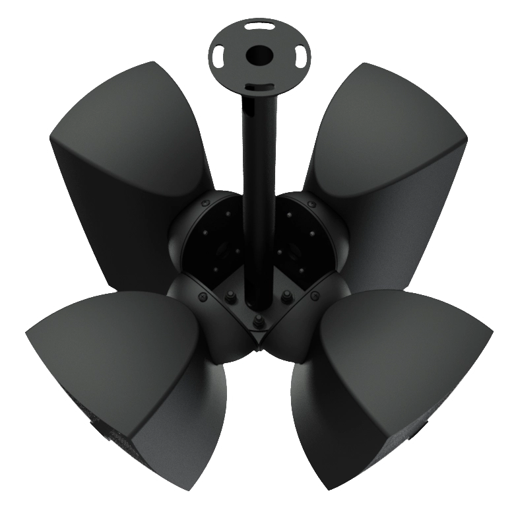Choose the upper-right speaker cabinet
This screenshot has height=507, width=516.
(x=389, y=165)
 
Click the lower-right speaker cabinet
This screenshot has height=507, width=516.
(x=389, y=376)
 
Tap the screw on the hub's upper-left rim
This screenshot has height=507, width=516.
(x=207, y=201)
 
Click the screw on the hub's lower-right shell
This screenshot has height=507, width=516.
(x=315, y=294)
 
